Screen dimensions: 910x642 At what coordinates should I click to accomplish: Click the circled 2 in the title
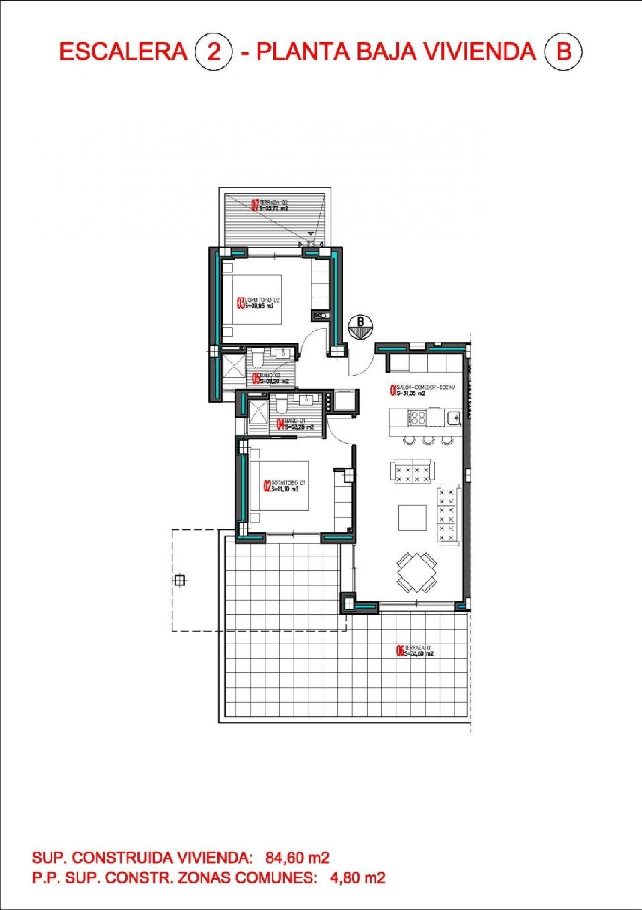coord(213,52)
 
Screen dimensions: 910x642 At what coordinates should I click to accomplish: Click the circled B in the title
coord(563,52)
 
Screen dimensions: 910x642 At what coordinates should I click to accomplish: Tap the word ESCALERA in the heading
coord(123,52)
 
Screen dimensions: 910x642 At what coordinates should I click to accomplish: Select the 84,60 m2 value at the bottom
coord(297,858)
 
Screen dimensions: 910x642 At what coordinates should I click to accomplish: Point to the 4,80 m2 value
coord(357,878)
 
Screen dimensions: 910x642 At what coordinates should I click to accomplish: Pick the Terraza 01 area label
coord(415,651)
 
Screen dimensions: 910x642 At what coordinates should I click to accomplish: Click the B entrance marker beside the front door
coord(360,327)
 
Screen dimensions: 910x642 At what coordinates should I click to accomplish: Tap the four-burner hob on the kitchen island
coord(417,418)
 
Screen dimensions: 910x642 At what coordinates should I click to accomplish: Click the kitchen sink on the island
coord(454,417)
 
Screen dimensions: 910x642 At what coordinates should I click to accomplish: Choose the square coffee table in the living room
coord(412,518)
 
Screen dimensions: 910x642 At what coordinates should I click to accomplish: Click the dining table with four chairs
coord(416,573)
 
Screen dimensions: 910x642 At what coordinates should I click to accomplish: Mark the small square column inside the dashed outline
coord(180,581)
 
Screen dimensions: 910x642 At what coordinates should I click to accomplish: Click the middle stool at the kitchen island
coord(428,440)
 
